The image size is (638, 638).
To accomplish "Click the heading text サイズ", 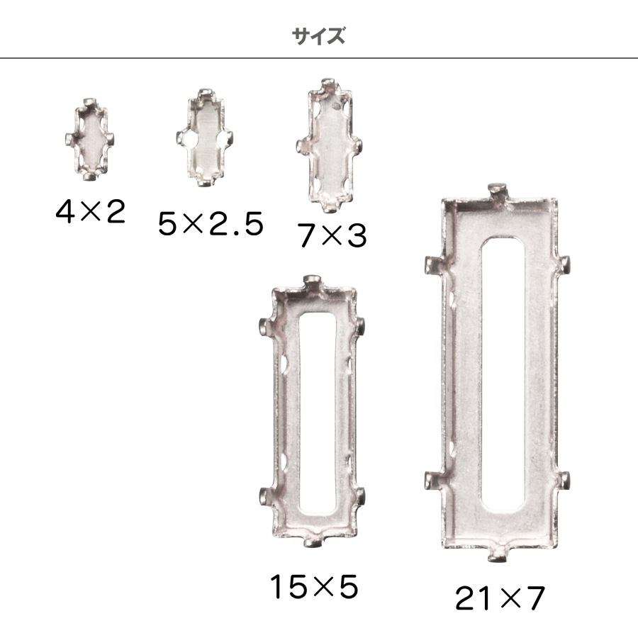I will [318, 36].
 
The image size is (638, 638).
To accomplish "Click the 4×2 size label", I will [90, 212].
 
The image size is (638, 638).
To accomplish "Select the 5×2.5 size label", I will [211, 224].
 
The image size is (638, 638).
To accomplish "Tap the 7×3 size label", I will [332, 235].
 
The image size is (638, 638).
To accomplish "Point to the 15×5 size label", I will [313, 587].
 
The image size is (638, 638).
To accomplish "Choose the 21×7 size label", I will [500, 599].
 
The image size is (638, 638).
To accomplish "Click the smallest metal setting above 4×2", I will [89, 139].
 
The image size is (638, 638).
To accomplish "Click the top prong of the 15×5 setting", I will [313, 284].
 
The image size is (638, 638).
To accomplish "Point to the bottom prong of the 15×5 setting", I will [313, 543].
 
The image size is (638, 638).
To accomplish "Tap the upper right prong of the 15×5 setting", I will [361, 328].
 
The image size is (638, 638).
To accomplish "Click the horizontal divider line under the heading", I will [319, 58].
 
